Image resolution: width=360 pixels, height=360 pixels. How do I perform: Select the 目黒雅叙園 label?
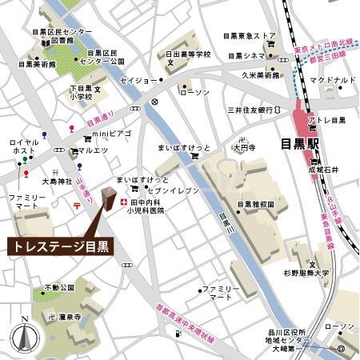point(255,204)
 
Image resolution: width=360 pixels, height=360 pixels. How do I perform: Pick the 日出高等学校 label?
point(188,55)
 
